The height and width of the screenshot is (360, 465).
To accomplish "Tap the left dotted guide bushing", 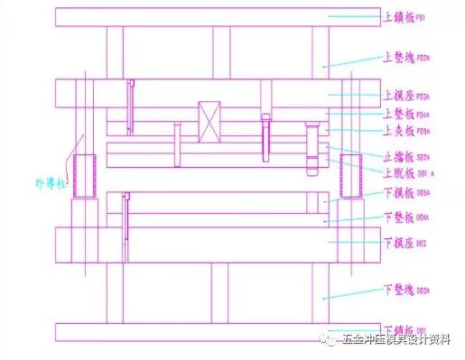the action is point(87,175).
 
